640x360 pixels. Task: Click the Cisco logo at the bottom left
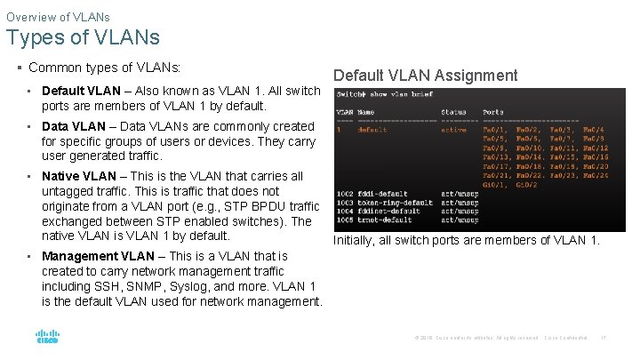[x=47, y=337]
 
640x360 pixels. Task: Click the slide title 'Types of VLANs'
[x=83, y=37]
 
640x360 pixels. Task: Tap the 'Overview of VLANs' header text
[x=58, y=16]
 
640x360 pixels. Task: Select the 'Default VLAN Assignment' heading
[x=425, y=76]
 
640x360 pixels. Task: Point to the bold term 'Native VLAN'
[x=78, y=176]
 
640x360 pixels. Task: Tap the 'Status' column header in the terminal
[x=453, y=112]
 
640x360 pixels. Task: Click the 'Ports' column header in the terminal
[x=493, y=112]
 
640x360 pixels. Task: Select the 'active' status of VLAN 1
[x=453, y=130]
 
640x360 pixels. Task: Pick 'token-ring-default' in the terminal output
[x=395, y=203]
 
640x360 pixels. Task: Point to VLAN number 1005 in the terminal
[x=345, y=219]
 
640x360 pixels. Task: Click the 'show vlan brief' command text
[x=403, y=94]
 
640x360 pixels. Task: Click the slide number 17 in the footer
[x=604, y=338]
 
